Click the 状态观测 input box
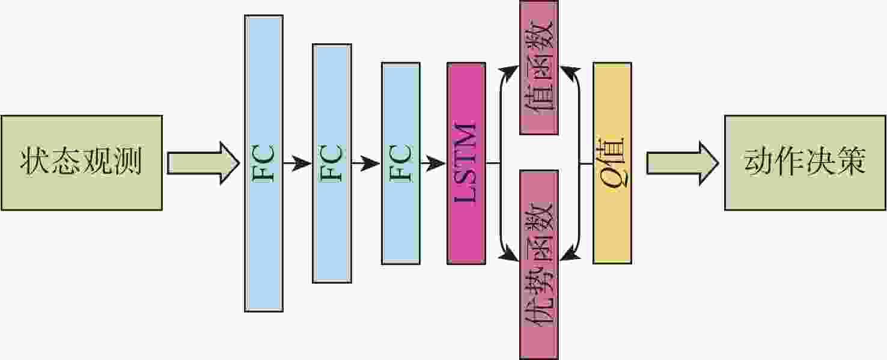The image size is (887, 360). [x=81, y=162]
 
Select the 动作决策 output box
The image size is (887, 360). [x=805, y=162]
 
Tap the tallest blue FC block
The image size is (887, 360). [x=263, y=163]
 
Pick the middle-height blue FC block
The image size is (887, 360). [x=332, y=163]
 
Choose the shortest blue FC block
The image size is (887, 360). [x=400, y=163]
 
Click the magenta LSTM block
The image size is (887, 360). [x=466, y=163]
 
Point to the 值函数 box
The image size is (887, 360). [x=538, y=67]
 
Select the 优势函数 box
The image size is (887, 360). [x=538, y=264]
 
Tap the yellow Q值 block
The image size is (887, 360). [x=612, y=163]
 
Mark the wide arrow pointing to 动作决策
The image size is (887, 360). [x=683, y=163]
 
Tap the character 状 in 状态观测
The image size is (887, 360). [x=34, y=162]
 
